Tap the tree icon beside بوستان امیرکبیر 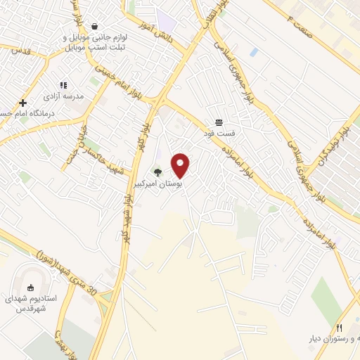(x=157, y=172)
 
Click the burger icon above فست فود (x=220, y=122)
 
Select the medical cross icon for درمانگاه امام (x=22, y=103)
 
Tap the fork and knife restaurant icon (x=340, y=328)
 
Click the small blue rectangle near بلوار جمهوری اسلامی (x=253, y=52)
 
